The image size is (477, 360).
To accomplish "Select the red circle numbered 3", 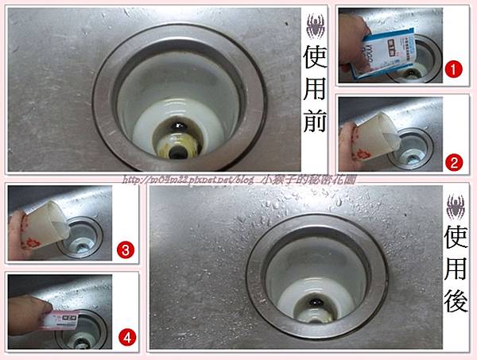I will coord(126,249).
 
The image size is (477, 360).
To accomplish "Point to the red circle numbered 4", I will coord(126,336).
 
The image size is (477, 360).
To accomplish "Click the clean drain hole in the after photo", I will coord(316,304).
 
